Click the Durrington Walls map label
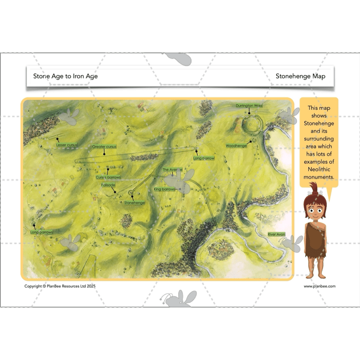(249, 106)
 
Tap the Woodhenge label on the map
(236, 146)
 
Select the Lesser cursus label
(67, 145)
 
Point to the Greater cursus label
(104, 147)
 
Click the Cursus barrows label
(108, 177)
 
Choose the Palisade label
(108, 185)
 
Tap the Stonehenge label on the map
(135, 203)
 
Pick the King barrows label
(165, 189)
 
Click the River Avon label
(276, 235)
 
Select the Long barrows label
(42, 232)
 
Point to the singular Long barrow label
(204, 158)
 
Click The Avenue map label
(172, 170)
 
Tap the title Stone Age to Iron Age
(65, 76)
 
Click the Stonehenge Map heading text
(300, 76)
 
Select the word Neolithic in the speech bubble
(319, 169)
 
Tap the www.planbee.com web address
(319, 286)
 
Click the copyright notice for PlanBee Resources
(60, 286)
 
